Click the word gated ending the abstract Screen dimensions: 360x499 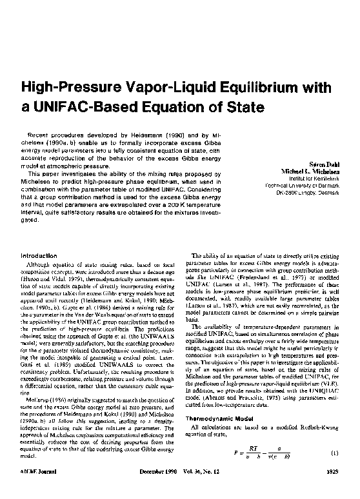31,220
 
